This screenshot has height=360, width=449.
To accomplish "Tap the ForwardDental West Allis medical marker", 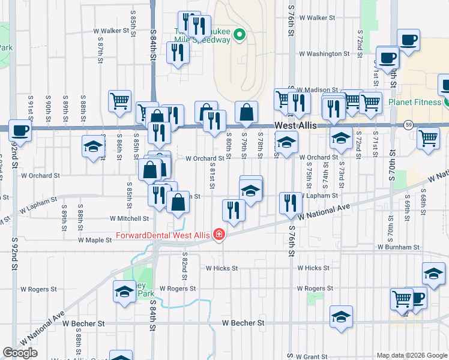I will point(219,235).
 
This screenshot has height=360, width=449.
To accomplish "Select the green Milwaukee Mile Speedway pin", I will point(240,34).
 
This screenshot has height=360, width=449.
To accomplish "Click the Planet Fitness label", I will point(414,102).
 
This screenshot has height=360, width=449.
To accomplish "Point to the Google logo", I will point(20,353).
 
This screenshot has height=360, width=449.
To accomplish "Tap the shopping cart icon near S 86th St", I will point(120,100).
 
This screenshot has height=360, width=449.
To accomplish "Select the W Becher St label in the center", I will point(243,323).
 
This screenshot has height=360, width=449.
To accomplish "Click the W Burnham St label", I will point(397,247).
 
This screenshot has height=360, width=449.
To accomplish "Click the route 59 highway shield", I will point(408,124).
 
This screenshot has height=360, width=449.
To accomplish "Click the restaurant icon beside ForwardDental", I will point(234,209).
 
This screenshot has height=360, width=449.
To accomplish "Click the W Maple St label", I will point(95,240).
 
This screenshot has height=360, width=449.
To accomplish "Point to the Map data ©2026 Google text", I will point(411,355).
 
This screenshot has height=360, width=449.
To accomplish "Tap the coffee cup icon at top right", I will point(409,40).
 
